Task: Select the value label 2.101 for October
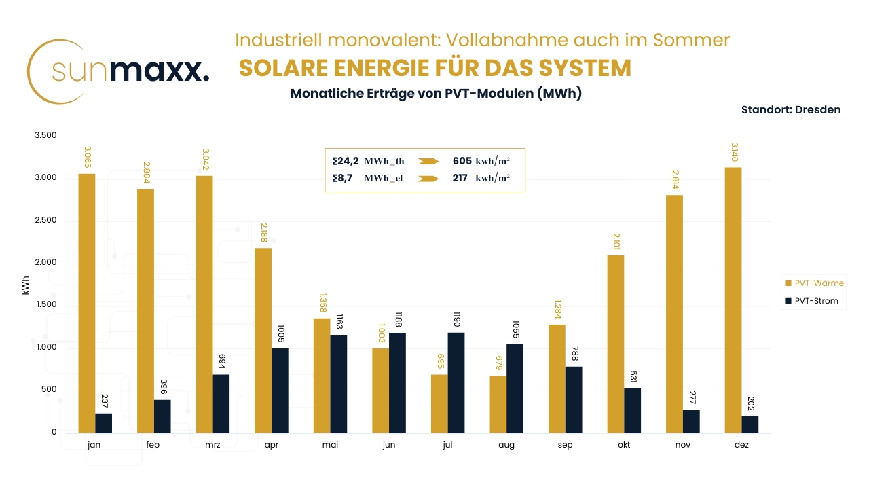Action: (x=615, y=240)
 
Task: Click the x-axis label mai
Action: (x=329, y=445)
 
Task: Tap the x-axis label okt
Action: (x=623, y=445)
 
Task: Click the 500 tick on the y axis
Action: (x=48, y=390)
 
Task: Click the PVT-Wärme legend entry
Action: (x=814, y=283)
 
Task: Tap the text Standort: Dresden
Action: (x=790, y=109)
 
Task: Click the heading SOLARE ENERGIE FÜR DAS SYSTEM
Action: (x=435, y=69)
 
